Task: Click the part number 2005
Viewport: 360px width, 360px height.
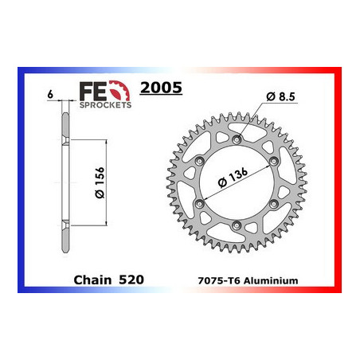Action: coord(161,88)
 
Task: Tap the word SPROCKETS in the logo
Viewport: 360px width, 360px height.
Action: coord(105,105)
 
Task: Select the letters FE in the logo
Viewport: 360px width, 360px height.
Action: coord(92,92)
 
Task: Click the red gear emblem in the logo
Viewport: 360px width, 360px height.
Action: coord(119,91)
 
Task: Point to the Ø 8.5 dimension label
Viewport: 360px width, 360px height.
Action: coord(280,96)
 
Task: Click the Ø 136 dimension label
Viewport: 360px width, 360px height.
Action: coord(233,178)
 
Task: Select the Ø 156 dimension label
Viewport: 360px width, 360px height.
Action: coord(100,182)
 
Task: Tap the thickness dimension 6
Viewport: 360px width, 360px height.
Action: coord(50,94)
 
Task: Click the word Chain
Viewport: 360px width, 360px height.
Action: coord(92,280)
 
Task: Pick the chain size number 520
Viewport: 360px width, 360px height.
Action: coord(131,280)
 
